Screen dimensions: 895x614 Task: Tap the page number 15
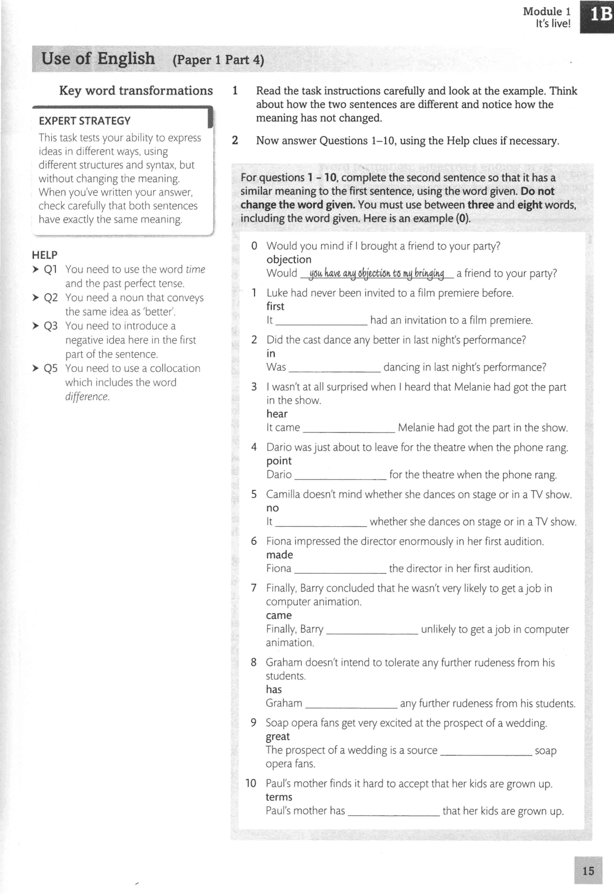click(x=588, y=871)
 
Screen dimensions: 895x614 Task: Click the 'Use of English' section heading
click(x=98, y=59)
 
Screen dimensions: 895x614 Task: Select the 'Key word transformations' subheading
click(x=136, y=91)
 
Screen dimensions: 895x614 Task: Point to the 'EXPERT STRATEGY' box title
click(x=85, y=121)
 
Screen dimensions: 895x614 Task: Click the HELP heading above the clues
click(x=45, y=255)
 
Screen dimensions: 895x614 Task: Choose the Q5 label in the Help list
click(x=51, y=369)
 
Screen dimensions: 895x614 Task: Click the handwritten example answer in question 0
click(x=376, y=273)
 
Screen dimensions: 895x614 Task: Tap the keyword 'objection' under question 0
click(x=289, y=259)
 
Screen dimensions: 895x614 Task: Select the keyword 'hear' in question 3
click(x=277, y=414)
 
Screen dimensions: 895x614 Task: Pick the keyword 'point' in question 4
click(x=279, y=461)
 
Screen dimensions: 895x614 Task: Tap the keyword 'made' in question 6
click(x=280, y=555)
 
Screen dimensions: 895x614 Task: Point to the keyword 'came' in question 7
click(x=279, y=616)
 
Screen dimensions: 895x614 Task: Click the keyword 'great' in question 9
click(x=278, y=737)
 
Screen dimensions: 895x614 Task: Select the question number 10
click(x=250, y=783)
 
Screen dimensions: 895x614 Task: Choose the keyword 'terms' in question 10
click(x=279, y=797)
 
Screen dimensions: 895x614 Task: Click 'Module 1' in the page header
click(x=546, y=11)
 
